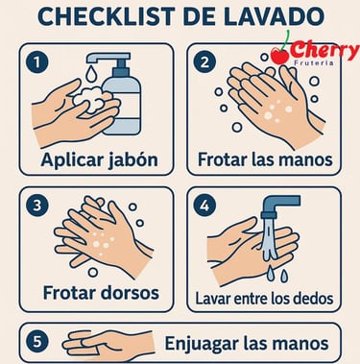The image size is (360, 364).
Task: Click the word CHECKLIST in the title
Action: pyautogui.click(x=107, y=16)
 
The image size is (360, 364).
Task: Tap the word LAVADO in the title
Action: pyautogui.click(x=274, y=16)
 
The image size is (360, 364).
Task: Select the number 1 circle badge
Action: pyautogui.click(x=37, y=61)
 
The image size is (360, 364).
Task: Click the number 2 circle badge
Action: pyautogui.click(x=204, y=61)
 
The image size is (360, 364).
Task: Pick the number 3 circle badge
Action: pyautogui.click(x=37, y=206)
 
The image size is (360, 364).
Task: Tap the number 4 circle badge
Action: pyautogui.click(x=204, y=206)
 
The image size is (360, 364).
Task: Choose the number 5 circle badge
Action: pyautogui.click(x=37, y=342)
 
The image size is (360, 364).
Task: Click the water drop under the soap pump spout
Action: pyautogui.click(x=90, y=73)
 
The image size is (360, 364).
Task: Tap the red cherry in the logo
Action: pyautogui.click(x=280, y=56)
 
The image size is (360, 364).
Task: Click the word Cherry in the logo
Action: pyautogui.click(x=325, y=51)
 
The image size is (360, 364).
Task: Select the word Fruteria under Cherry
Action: pyautogui.click(x=314, y=62)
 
